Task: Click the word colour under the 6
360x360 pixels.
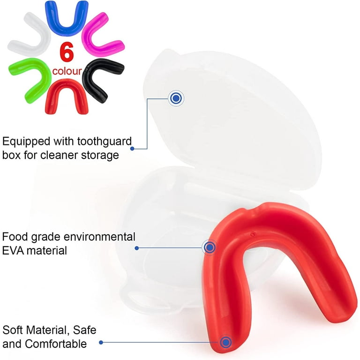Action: coord(67,72)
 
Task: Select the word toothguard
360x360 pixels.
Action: coord(104,141)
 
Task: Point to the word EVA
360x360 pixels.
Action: coord(13,251)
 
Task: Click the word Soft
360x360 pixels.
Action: coord(13,330)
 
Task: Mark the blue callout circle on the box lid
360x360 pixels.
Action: coord(176,98)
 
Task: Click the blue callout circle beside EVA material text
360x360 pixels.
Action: coord(209,247)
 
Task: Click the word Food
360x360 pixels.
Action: coord(15,237)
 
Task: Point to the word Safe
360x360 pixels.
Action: coord(85,330)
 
